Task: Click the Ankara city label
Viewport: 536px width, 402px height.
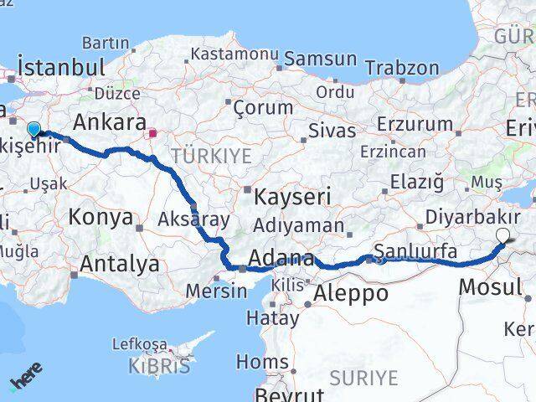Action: coord(110,122)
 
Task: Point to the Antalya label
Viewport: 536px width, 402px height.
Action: coord(119,264)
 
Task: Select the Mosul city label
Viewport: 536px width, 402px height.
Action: coord(492,287)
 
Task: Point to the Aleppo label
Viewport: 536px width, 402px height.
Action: coord(351,293)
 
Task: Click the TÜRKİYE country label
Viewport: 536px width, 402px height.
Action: coord(211,155)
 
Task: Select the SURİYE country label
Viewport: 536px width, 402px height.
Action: coord(362,378)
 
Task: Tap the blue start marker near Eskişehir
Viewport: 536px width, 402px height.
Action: coord(33,130)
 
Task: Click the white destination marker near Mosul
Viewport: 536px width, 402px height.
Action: coord(502,236)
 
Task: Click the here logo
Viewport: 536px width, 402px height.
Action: coord(27,381)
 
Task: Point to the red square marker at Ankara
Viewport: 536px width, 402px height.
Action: coord(152,132)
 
